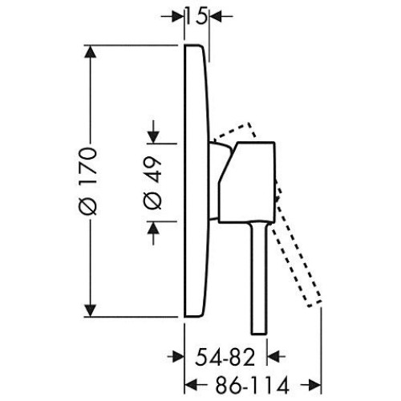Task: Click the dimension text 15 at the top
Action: tap(196, 18)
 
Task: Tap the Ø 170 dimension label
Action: tap(88, 181)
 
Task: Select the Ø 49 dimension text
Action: tap(153, 183)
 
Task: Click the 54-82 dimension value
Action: tap(225, 358)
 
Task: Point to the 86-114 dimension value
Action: tap(253, 385)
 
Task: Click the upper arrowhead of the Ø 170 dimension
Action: tap(90, 51)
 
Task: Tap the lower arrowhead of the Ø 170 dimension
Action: tap(90, 310)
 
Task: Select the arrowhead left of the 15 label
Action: tap(178, 17)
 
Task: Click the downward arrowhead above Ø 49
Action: tap(153, 137)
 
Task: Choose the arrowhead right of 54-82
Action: tap(273, 357)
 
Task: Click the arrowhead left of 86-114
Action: tap(191, 385)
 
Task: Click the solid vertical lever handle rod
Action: tap(259, 278)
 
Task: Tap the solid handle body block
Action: tap(247, 182)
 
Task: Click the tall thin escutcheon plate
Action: tap(196, 181)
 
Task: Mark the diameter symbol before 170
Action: tap(88, 207)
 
